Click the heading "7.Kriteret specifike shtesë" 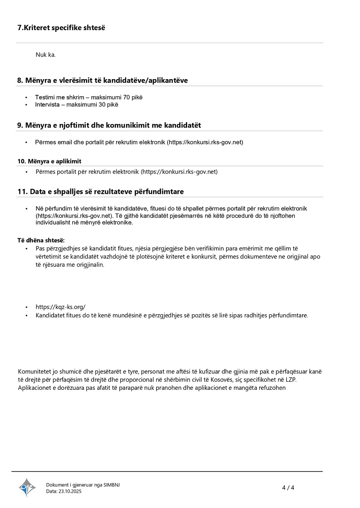pos(61,28)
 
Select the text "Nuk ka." pos(45,55)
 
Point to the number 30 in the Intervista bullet pos(103,105)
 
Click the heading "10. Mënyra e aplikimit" pos(49,161)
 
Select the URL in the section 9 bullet pos(205,142)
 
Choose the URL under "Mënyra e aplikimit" pos(179,172)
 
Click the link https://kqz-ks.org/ pos(60,307)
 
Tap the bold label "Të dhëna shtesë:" pos(41,241)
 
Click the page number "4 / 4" pos(288,488)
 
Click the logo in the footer pos(27,487)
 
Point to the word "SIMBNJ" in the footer pos(112,485)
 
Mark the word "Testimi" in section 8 pos(45,97)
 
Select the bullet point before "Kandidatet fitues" pos(27,315)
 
